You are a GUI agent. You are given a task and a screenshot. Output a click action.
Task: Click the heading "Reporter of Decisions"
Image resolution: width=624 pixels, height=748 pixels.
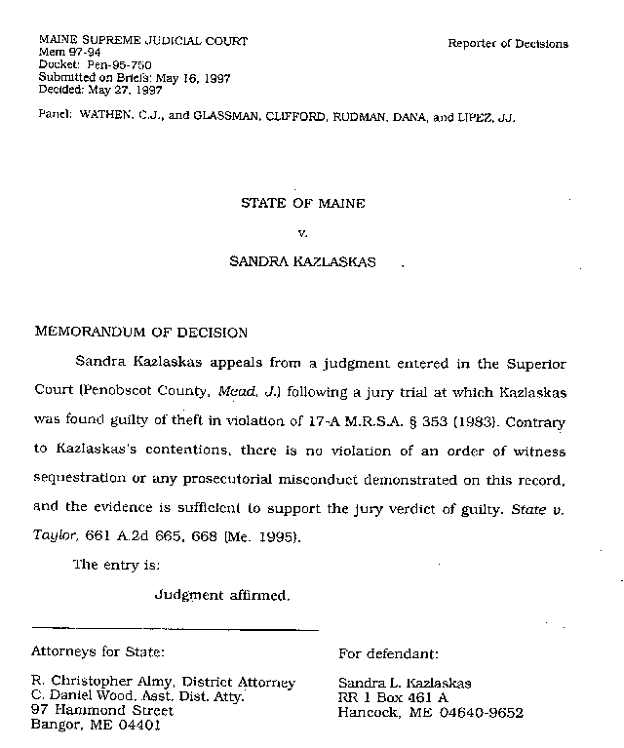507,44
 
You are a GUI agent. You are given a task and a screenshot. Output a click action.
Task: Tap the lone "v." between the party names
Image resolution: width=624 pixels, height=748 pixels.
301,233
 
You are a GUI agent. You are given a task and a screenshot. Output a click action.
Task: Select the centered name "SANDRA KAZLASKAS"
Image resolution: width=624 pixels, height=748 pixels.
301,262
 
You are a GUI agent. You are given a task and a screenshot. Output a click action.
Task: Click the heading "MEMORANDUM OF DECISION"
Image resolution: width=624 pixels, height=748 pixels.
140,332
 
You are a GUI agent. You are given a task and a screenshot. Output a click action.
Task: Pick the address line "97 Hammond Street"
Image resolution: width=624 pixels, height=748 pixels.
102,711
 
